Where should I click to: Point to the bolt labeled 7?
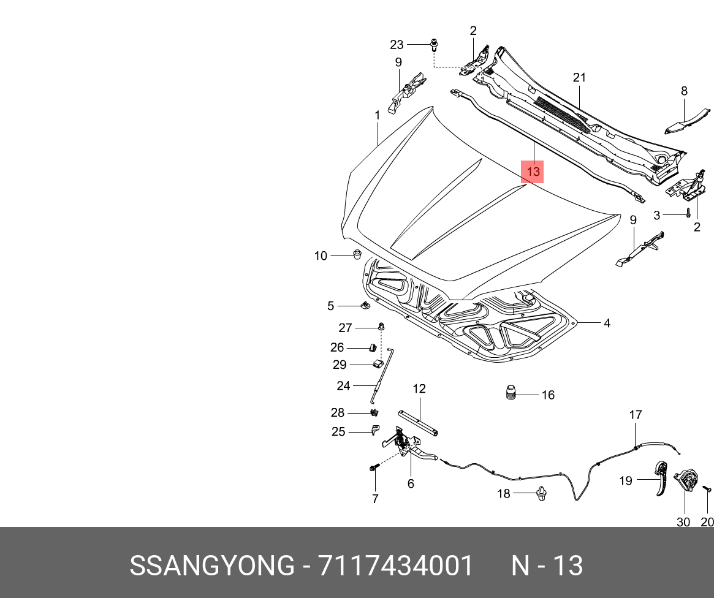click(x=374, y=469)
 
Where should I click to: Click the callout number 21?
click(x=579, y=78)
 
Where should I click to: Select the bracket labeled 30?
click(x=686, y=480)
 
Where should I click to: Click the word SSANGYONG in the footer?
click(x=211, y=566)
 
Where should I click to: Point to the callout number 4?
click(x=607, y=323)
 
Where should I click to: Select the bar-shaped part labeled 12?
click(x=419, y=423)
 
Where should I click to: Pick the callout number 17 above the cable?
click(x=636, y=415)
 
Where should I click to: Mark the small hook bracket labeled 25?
click(x=375, y=430)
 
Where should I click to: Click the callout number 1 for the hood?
click(x=378, y=115)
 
